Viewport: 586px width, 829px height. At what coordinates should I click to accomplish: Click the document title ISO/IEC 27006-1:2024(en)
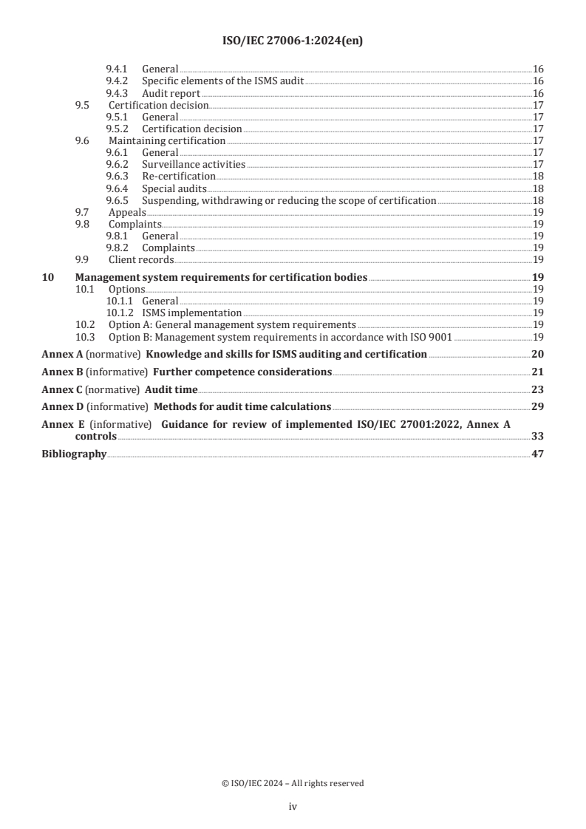coord(293,41)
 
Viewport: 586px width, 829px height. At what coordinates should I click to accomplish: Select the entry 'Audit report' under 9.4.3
coord(171,93)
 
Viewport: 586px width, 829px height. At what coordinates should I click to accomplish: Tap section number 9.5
coord(82,105)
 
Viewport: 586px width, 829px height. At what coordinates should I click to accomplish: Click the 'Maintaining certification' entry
coord(167,140)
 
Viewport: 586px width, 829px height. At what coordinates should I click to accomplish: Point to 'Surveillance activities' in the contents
coord(194,164)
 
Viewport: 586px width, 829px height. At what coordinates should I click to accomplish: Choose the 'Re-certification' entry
coord(179,176)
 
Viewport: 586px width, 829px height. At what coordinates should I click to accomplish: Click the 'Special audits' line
coord(174,188)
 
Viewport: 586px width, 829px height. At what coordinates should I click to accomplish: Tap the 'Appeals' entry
coord(127,212)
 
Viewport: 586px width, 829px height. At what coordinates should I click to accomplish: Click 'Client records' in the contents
coord(141,259)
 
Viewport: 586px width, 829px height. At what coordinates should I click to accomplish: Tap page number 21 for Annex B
coord(537,372)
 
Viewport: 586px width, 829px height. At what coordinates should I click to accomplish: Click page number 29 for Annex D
coord(537,407)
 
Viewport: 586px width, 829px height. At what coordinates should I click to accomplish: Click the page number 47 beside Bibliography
coord(537,454)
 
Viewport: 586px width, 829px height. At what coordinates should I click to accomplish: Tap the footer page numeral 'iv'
coord(293,807)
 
